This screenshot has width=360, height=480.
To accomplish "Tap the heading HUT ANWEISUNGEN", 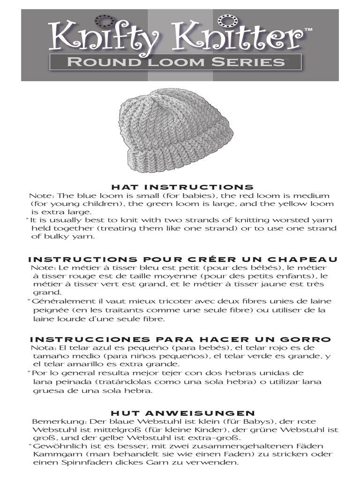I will (x=182, y=413).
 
